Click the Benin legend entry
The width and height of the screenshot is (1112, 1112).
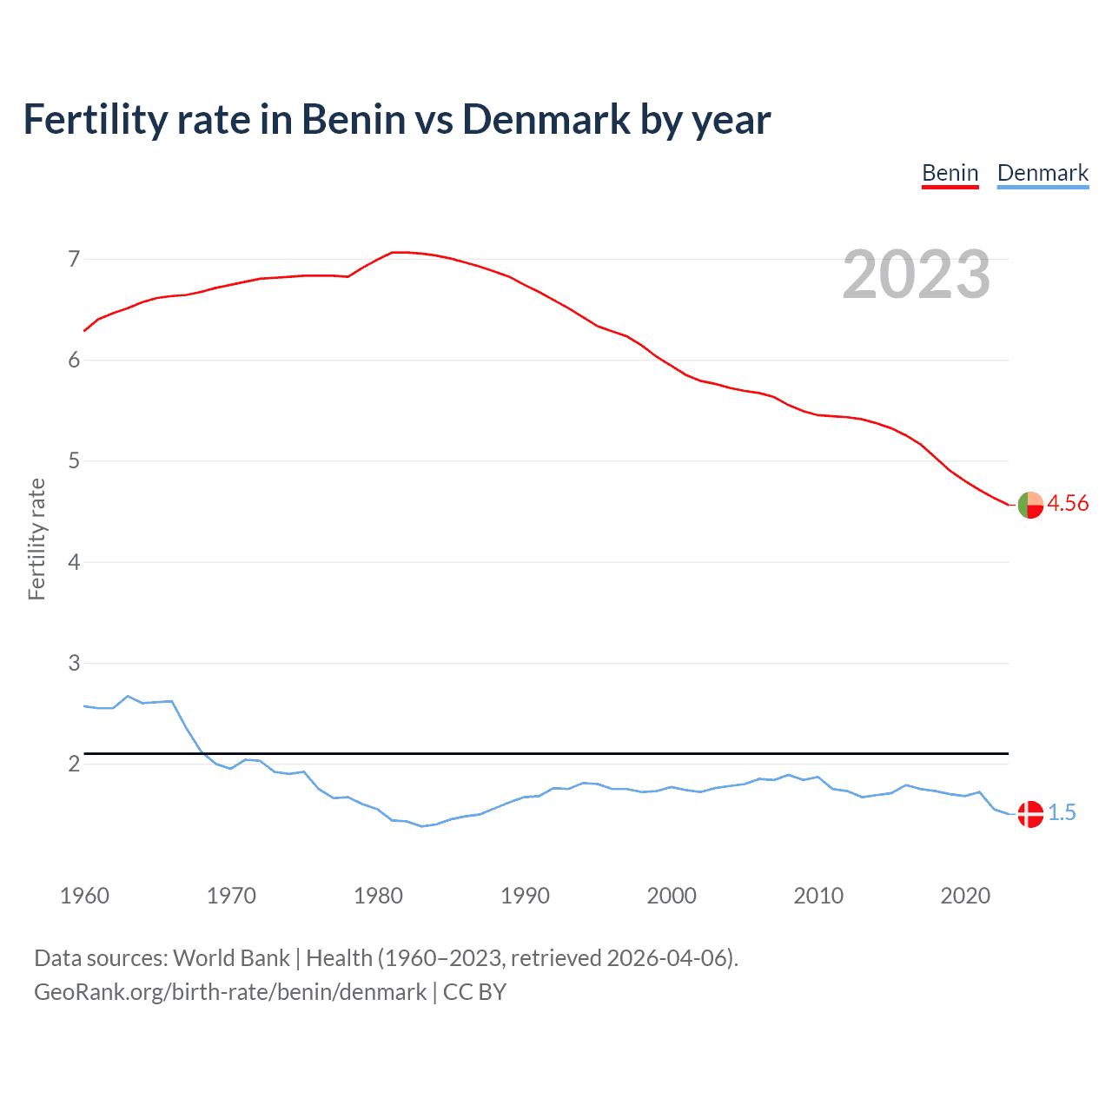pos(950,173)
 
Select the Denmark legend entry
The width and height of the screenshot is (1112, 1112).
pos(1042,173)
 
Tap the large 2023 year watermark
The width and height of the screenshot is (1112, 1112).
pos(917,275)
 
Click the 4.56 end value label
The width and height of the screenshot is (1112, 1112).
pos(1068,503)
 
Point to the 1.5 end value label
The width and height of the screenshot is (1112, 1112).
pos(1062,812)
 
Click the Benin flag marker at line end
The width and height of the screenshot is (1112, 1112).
pos(1030,504)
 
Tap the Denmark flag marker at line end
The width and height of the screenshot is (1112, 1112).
pos(1030,814)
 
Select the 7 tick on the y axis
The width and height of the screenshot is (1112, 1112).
pos(74,259)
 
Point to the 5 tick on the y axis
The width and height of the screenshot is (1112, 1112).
pos(74,460)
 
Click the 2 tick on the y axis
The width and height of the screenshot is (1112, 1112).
pos(74,764)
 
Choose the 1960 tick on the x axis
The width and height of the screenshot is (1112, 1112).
pos(84,896)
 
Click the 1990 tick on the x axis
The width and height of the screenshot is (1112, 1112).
pos(525,896)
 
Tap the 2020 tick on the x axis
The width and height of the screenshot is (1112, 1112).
pos(965,896)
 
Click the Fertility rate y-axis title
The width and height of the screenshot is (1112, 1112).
pos(36,539)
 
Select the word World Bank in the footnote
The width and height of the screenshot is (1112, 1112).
pos(231,957)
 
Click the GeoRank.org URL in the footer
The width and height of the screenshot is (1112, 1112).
pos(230,992)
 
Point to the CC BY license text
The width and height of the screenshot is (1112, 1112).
pos(474,992)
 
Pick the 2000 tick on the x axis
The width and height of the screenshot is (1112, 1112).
pos(672,896)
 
